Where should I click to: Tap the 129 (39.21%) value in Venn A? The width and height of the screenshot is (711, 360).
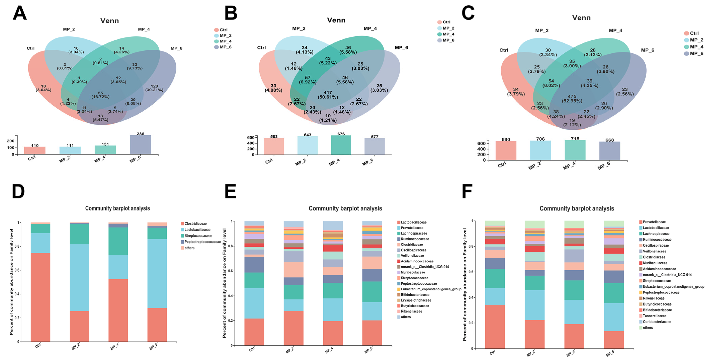(x=154, y=88)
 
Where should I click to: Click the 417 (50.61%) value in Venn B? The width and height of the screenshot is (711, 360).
(x=328, y=95)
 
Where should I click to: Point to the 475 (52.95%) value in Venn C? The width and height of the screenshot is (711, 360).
(x=572, y=98)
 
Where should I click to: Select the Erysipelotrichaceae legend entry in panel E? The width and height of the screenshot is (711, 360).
(x=416, y=300)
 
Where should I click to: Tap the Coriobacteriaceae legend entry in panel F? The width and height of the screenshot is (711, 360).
(x=657, y=322)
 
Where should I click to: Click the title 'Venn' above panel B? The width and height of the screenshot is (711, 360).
(x=336, y=20)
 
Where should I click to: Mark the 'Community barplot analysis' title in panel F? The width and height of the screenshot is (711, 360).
(x=577, y=209)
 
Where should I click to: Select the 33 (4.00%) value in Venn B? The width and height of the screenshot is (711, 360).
(x=273, y=88)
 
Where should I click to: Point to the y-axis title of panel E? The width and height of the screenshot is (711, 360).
(x=224, y=283)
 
